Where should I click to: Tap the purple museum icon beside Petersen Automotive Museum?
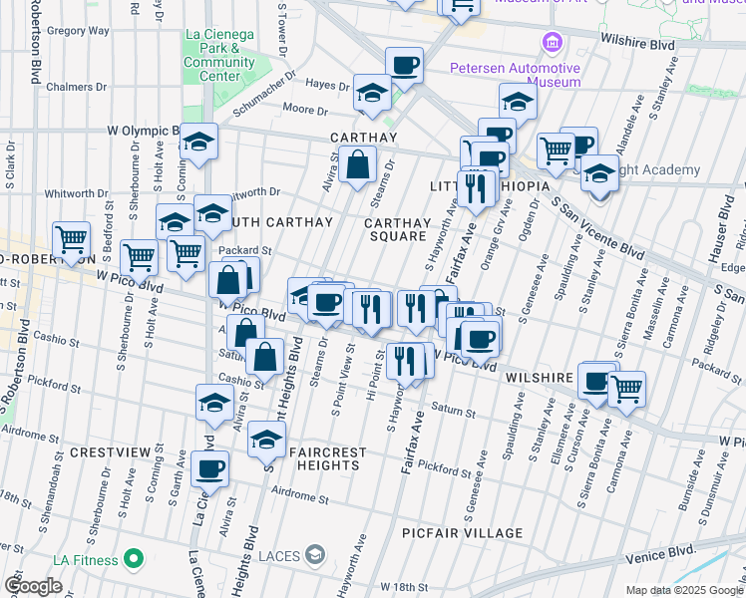pyautogui.click(x=551, y=43)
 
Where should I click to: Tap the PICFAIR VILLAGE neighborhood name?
pyautogui.click(x=462, y=533)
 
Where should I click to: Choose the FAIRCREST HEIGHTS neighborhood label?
pyautogui.click(x=327, y=458)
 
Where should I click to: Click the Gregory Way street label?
pyautogui.click(x=78, y=31)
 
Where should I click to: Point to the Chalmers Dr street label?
pyautogui.click(x=69, y=87)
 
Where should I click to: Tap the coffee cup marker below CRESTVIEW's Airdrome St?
pyautogui.click(x=209, y=468)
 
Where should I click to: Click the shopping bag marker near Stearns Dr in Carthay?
pyautogui.click(x=358, y=164)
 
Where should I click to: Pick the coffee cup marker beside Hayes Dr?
pyautogui.click(x=404, y=66)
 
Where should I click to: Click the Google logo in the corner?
pyautogui.click(x=33, y=585)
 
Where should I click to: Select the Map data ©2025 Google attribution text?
pyautogui.click(x=682, y=590)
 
